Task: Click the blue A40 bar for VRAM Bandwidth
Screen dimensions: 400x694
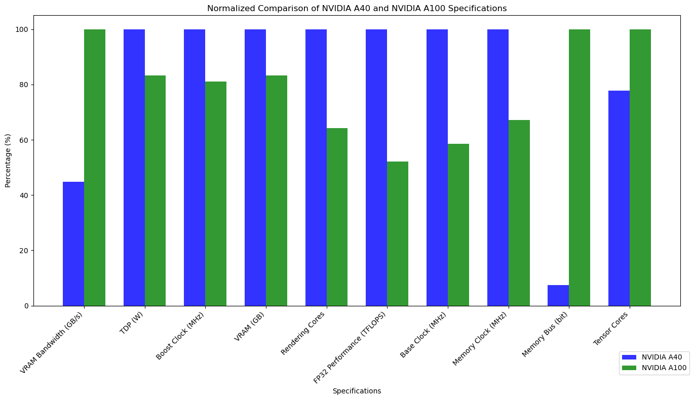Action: [73, 244]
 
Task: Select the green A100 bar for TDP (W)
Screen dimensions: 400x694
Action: [155, 190]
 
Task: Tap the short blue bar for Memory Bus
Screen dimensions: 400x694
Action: [558, 296]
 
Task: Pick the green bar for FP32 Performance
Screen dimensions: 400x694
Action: [398, 233]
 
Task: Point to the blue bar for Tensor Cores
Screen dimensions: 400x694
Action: [619, 198]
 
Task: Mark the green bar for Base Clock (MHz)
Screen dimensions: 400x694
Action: [458, 225]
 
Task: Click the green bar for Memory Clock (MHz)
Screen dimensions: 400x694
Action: [519, 213]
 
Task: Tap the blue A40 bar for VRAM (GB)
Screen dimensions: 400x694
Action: [255, 168]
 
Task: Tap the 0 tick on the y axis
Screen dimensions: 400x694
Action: [26, 306]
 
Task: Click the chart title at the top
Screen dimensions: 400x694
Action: [357, 8]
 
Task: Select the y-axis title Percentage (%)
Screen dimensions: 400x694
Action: [8, 161]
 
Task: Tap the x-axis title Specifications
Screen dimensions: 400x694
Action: [357, 391]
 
